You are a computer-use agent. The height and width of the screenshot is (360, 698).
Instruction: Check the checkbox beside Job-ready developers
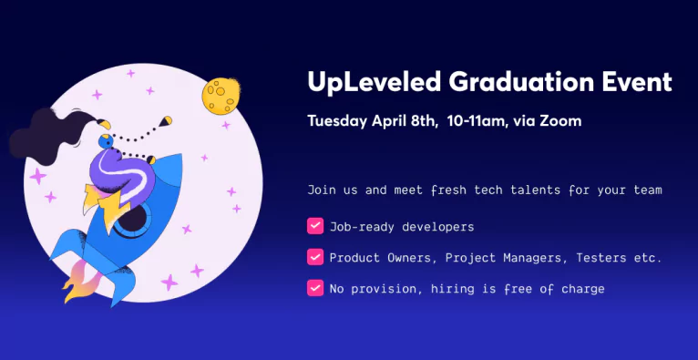pos(315,226)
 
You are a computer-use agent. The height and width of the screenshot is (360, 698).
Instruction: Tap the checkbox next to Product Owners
pos(315,257)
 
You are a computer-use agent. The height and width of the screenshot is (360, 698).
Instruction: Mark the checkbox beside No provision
pos(315,288)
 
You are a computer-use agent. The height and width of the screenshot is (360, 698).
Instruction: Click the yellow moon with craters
pos(221,95)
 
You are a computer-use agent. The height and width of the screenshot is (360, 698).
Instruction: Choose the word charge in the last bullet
pos(582,289)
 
